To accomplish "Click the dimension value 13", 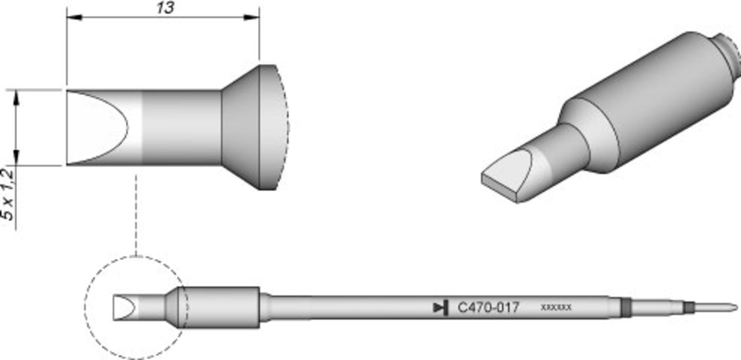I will click(165, 8).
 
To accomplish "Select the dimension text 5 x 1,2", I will click(8, 194).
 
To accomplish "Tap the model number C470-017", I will click(488, 308).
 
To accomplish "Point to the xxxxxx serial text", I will click(556, 307).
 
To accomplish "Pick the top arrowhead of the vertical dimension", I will click(17, 97).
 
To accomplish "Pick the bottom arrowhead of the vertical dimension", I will click(17, 159).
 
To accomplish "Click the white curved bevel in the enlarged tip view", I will click(99, 127).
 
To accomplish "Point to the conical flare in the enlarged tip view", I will click(241, 127).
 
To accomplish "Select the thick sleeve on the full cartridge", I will click(222, 308).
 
